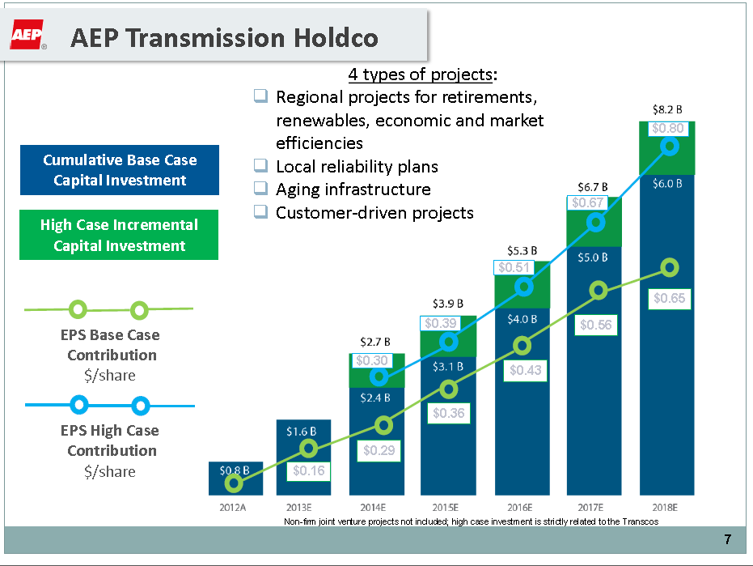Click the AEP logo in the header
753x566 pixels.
(27, 36)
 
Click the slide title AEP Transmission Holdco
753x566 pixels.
(224, 38)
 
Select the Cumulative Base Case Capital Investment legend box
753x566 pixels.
(120, 170)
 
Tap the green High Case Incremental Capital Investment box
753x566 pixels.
(119, 236)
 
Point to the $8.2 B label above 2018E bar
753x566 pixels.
(667, 108)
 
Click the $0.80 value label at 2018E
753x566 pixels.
(667, 128)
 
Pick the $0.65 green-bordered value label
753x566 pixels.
(669, 298)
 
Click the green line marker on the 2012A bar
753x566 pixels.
(234, 483)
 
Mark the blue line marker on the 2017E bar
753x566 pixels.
(596, 222)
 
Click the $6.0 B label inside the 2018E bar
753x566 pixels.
(668, 183)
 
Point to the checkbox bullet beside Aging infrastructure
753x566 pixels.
(260, 189)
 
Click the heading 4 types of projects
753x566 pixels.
(422, 74)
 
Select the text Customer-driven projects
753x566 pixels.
(374, 212)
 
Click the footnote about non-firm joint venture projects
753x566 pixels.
(471, 521)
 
